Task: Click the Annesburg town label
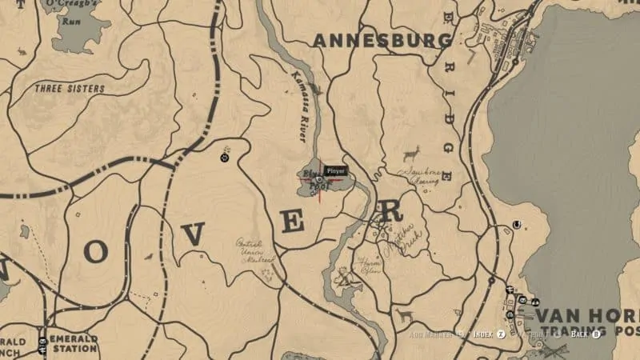382,39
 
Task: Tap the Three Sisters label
69,89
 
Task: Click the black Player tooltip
335,170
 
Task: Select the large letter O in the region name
95,251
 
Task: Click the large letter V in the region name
193,234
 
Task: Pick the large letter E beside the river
294,221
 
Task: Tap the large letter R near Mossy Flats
391,211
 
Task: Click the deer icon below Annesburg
412,152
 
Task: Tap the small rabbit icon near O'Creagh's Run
20,52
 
